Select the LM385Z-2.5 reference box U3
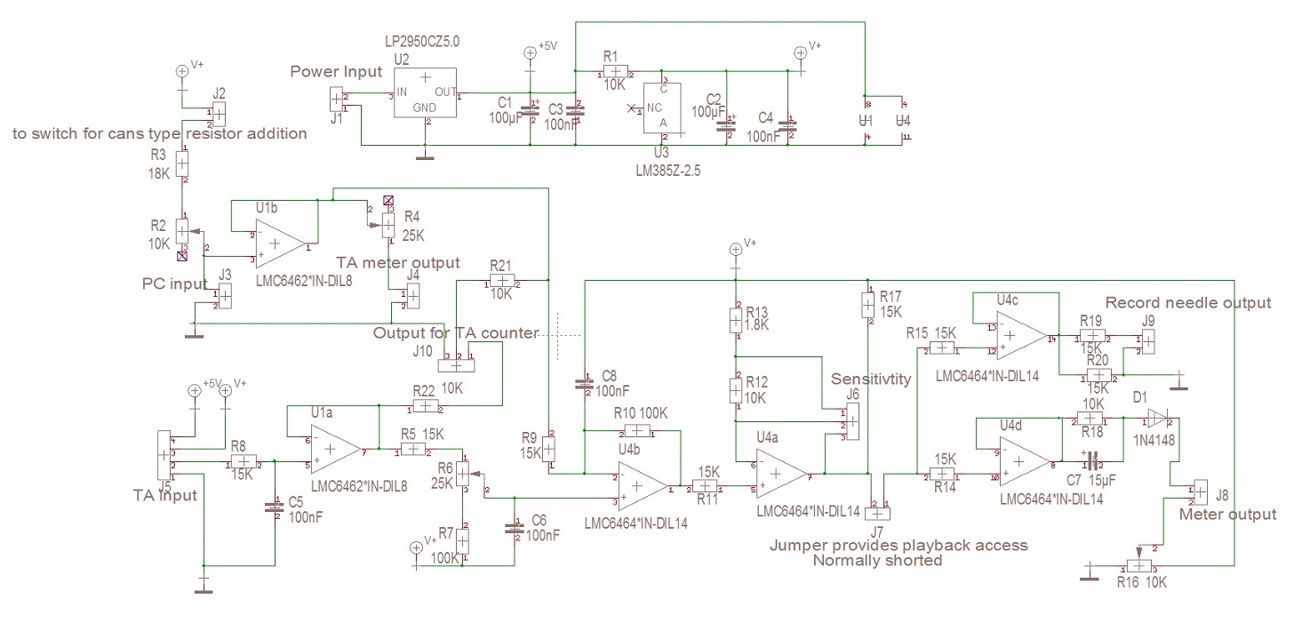tap(662, 109)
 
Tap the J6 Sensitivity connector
tap(851, 421)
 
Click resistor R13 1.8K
tap(736, 316)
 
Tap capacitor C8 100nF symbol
tap(584, 384)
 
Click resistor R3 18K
tap(181, 164)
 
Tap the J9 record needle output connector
tap(1148, 339)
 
